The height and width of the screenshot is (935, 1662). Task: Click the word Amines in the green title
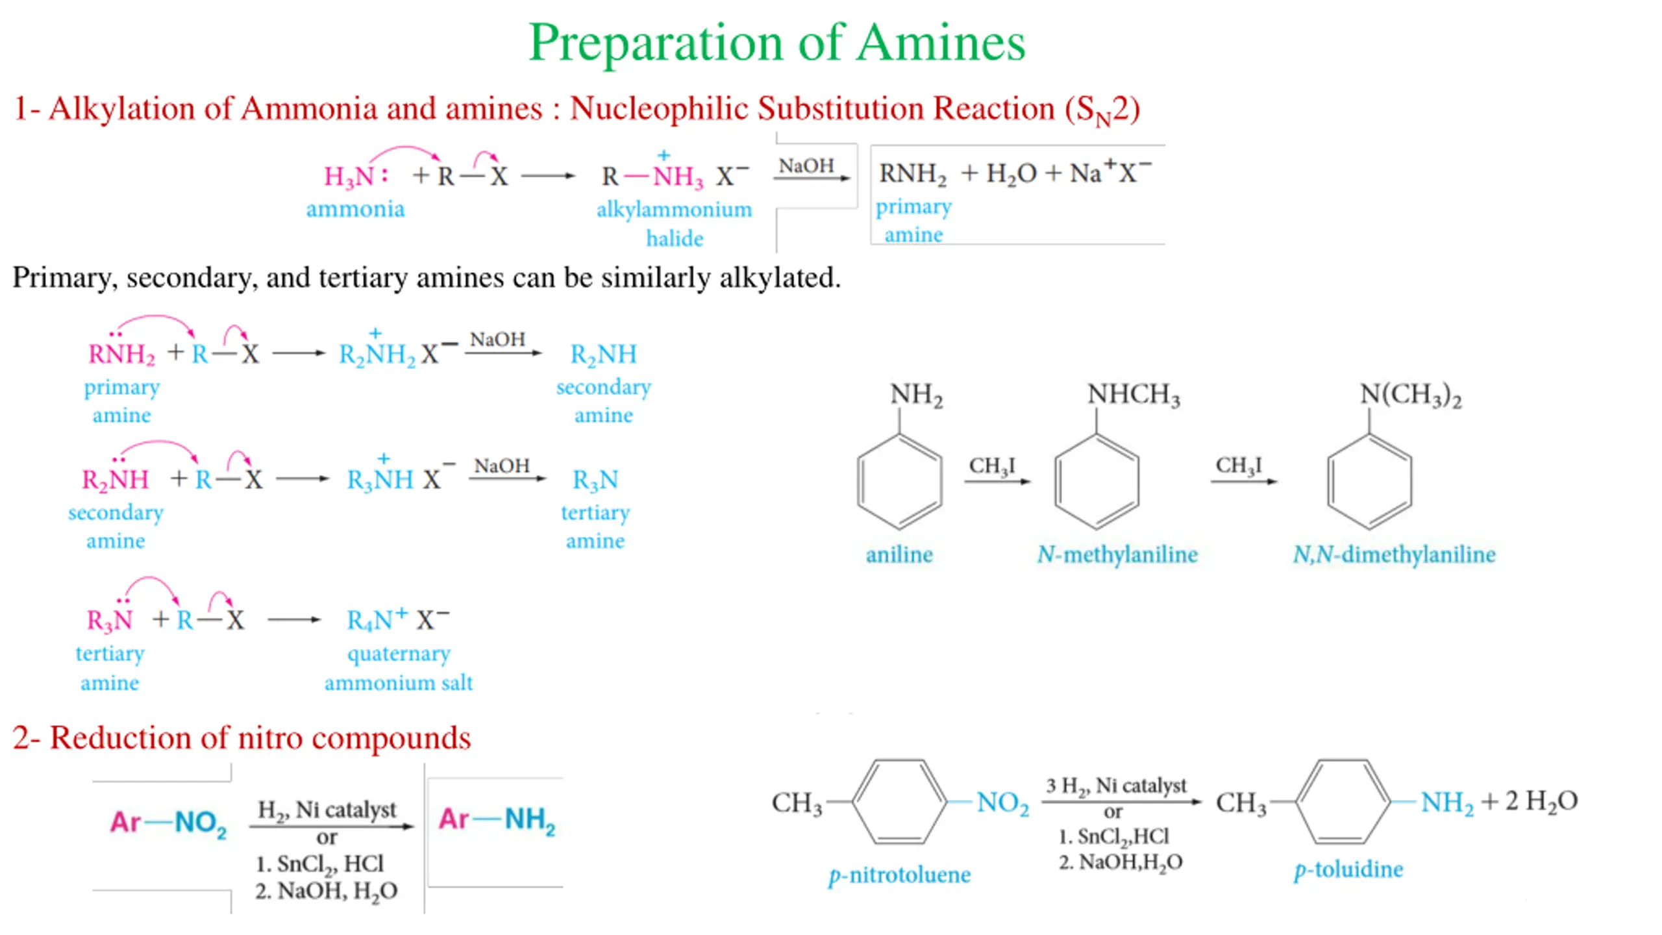941,43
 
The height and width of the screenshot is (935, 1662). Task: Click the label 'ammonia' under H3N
355,209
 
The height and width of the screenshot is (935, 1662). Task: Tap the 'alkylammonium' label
674,209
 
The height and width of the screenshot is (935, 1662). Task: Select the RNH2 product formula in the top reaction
912,174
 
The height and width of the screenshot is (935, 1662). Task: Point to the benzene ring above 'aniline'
899,481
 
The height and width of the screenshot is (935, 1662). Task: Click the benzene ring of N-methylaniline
1096,481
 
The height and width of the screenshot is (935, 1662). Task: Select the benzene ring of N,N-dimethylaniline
1369,481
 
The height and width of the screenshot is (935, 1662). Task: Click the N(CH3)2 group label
1410,394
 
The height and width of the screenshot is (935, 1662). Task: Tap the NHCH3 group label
1134,394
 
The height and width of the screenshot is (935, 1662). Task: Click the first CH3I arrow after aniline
996,480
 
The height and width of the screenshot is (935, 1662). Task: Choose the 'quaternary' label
399,653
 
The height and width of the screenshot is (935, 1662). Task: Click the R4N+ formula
377,620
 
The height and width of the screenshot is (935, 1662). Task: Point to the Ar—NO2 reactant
168,822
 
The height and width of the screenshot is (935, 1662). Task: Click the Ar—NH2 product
497,819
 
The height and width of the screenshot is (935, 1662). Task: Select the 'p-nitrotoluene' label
899,875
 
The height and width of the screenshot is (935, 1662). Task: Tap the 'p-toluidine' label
1348,869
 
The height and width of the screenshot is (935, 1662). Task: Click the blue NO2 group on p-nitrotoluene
1002,803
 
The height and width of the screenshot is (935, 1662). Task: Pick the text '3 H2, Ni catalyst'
1115,786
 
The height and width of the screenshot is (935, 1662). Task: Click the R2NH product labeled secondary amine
603,355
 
